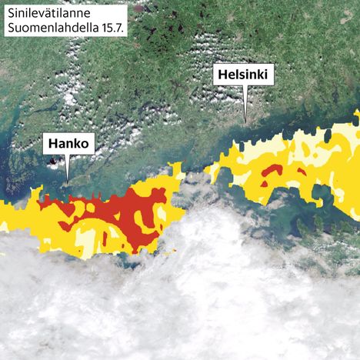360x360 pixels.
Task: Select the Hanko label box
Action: click(x=68, y=143)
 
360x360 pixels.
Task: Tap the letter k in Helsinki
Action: click(x=262, y=75)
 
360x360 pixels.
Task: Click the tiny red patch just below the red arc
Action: click(x=264, y=184)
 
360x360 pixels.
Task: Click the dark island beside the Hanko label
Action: click(x=53, y=162)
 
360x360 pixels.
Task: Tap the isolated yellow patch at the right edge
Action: click(x=356, y=117)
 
